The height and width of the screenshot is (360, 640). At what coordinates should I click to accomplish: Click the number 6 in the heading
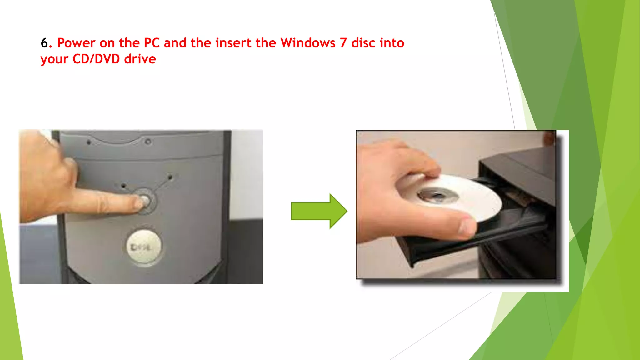(44, 43)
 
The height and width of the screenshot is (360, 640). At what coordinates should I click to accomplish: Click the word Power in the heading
(76, 43)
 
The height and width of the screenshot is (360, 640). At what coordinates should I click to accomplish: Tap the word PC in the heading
(152, 43)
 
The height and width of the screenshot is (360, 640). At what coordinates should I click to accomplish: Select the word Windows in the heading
(308, 43)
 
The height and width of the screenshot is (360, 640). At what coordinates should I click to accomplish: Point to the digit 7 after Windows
(343, 43)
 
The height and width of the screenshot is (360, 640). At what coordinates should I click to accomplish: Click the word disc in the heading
(362, 43)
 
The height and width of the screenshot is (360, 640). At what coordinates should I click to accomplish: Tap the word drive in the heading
(140, 59)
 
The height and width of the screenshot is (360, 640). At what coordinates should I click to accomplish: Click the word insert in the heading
(233, 43)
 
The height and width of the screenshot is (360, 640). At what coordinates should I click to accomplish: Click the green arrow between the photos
(319, 211)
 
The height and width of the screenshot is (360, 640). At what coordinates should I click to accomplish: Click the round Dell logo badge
(144, 247)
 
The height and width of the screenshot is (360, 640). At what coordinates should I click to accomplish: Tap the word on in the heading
(107, 43)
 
